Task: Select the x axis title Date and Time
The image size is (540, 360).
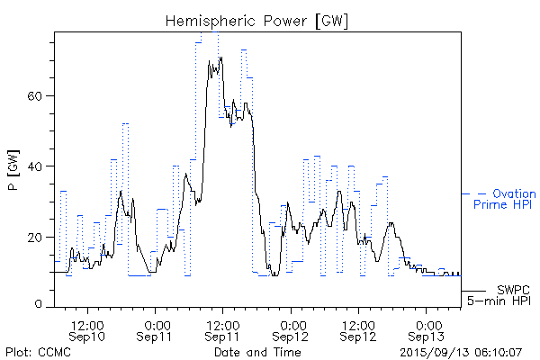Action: coord(257,352)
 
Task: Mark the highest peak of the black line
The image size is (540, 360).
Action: coord(220,58)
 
